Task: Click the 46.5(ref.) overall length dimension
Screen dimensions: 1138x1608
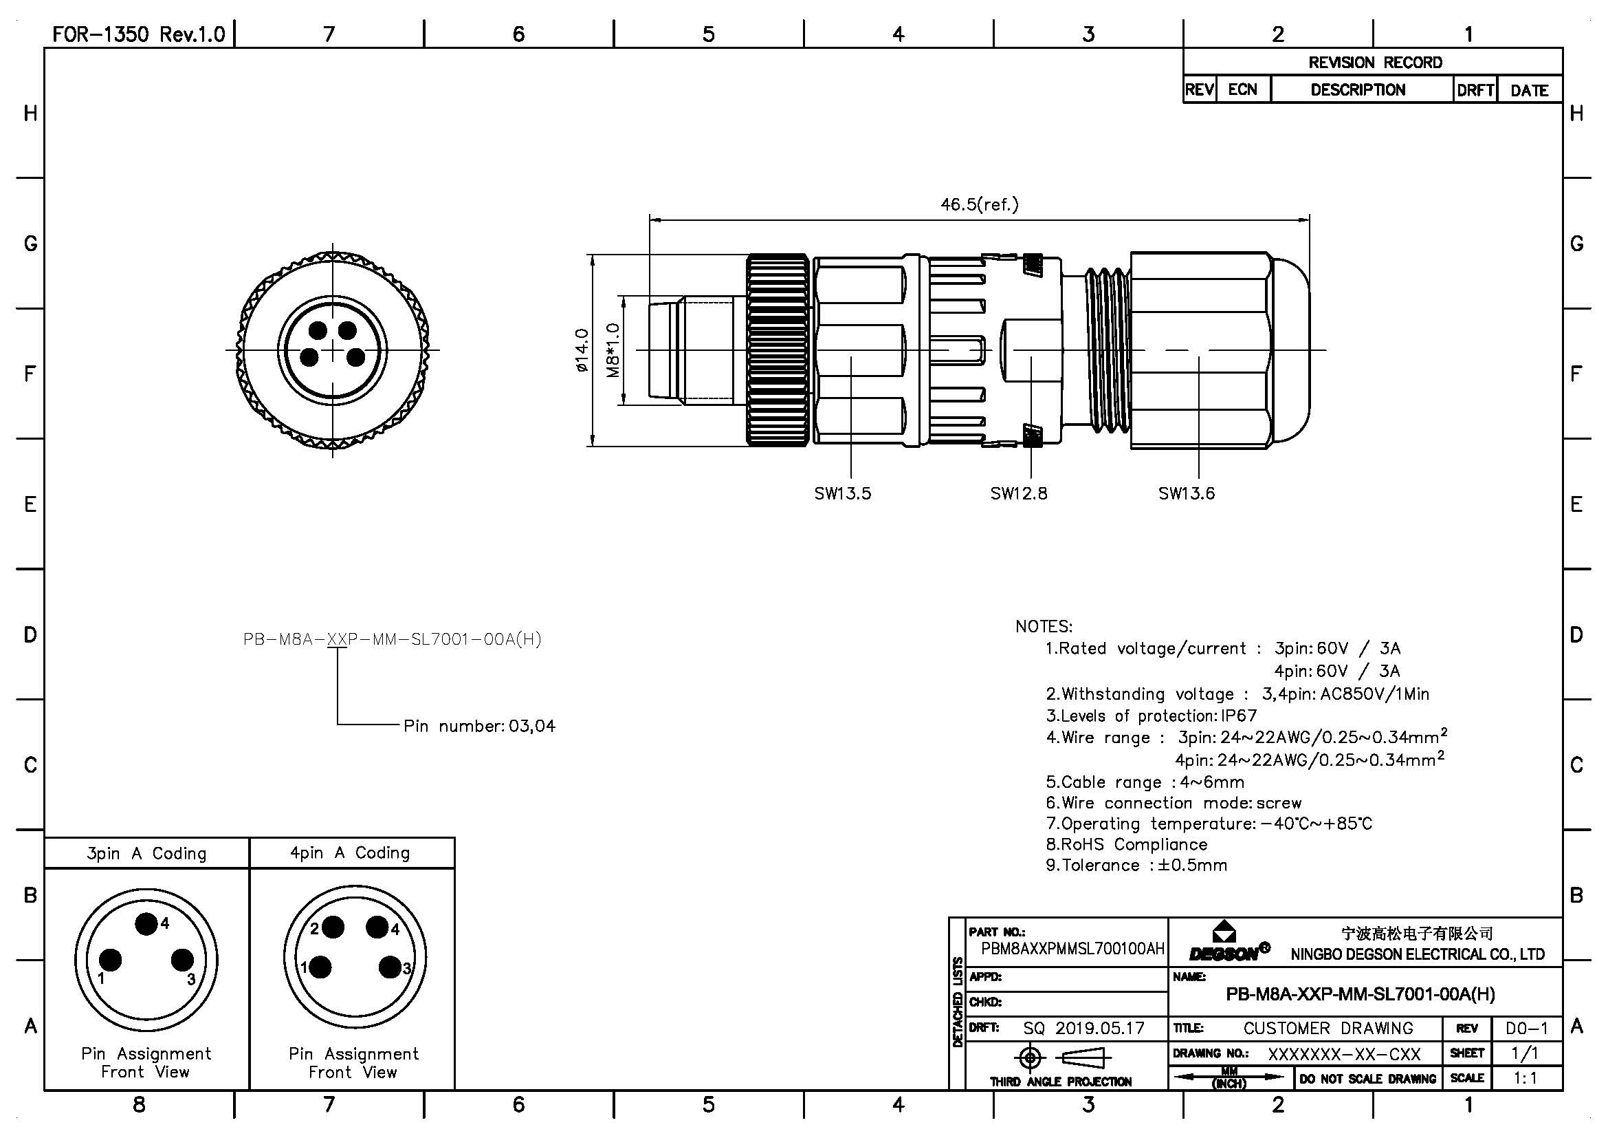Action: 979,204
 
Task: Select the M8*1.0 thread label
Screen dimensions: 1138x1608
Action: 613,350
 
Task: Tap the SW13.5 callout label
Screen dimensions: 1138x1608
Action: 843,493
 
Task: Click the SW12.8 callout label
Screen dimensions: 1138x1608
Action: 1018,493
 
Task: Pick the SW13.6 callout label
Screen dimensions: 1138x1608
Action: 1187,493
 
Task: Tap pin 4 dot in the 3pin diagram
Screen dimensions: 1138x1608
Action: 146,924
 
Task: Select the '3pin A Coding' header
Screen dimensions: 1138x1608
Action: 146,853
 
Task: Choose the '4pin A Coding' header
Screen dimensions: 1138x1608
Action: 350,852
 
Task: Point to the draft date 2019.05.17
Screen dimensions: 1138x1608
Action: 1099,1028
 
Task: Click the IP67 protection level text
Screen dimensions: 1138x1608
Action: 1239,716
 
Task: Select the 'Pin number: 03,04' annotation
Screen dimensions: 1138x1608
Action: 479,726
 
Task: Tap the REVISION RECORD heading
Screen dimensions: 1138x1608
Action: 1375,63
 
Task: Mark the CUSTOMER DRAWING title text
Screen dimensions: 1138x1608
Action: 1328,1028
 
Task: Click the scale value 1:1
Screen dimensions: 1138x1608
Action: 1526,1077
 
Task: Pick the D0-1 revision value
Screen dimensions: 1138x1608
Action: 1527,1028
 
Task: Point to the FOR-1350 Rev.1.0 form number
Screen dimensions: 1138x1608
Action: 139,34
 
